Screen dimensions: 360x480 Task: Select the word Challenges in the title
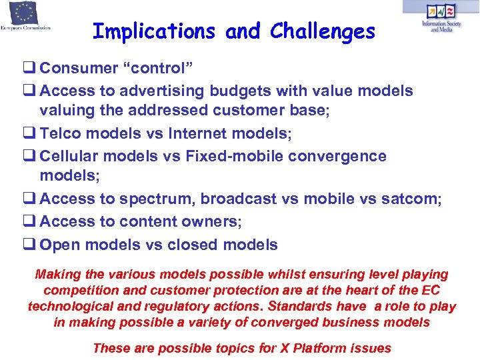(323, 31)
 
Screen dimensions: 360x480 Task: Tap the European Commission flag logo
(24, 13)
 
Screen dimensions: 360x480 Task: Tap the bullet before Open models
(32, 245)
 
